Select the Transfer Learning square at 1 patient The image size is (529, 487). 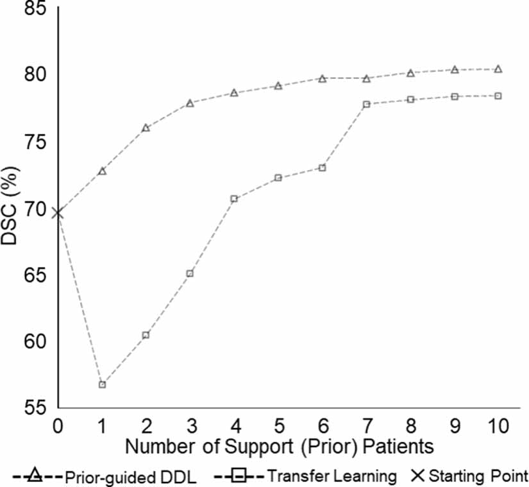click(102, 384)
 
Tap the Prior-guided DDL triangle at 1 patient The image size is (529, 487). click(102, 171)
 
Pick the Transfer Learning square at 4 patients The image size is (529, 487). click(234, 199)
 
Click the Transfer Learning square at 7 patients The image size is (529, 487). click(366, 104)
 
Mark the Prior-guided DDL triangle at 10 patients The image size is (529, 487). click(498, 69)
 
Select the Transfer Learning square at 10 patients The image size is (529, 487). click(498, 96)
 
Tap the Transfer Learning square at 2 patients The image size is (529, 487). click(146, 335)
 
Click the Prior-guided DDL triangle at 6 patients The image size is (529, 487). click(323, 78)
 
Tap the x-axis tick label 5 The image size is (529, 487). click(278, 425)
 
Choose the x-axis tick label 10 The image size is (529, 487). click(498, 425)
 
